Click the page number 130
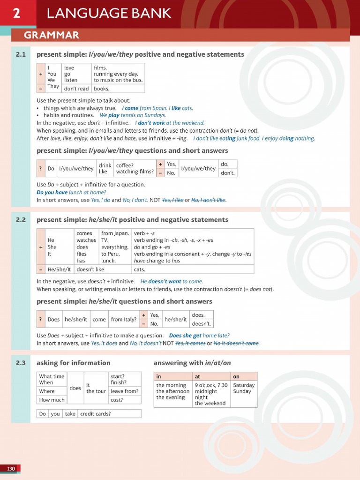[x=11, y=469]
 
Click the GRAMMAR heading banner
[x=52, y=35]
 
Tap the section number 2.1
[x=20, y=54]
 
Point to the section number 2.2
[x=20, y=219]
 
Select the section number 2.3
[x=20, y=363]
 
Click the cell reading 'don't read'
[x=76, y=89]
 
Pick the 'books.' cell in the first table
[x=101, y=89]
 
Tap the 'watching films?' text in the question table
[x=135, y=172]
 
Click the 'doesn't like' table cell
[x=90, y=270]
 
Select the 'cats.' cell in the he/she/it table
[x=140, y=270]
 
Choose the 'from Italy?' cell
[x=124, y=319]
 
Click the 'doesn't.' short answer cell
[x=202, y=323]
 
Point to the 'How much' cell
[x=52, y=400]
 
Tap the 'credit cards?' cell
[x=96, y=414]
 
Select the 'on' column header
[x=236, y=376]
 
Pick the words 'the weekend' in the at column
[x=210, y=403]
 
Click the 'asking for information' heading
[x=74, y=363]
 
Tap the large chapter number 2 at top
[x=16, y=14]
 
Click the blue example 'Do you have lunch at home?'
[x=71, y=192]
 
